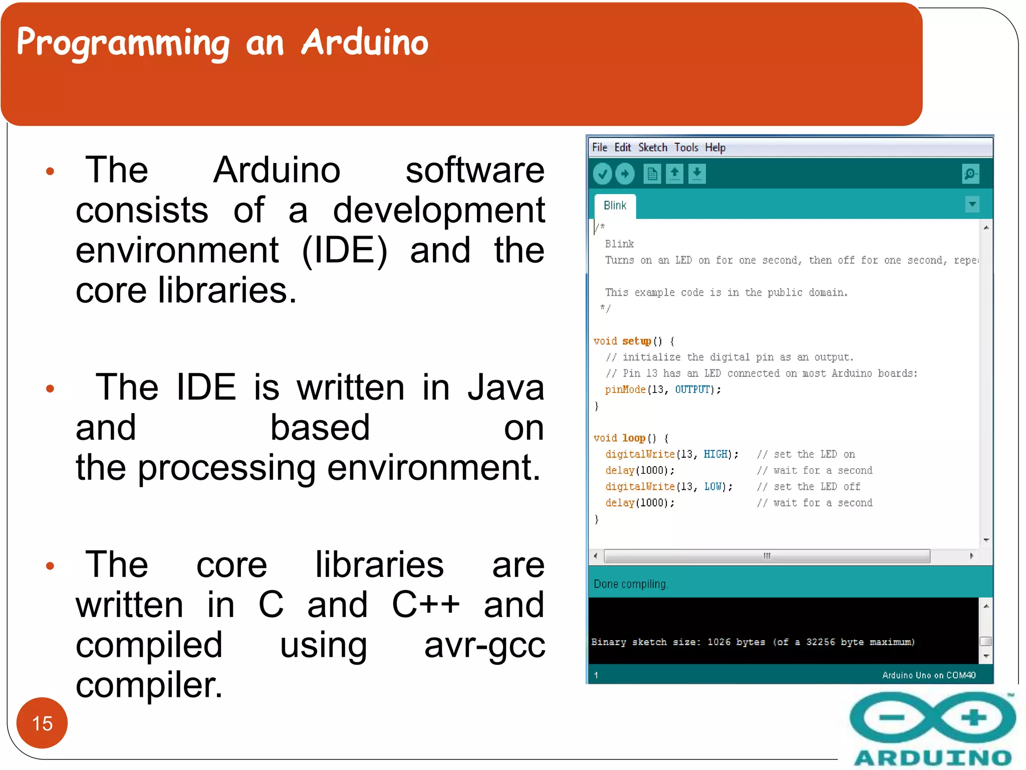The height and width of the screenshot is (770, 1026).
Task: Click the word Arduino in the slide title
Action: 365,42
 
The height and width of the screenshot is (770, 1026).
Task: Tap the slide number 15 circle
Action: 42,722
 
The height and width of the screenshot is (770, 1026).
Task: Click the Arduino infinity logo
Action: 932,717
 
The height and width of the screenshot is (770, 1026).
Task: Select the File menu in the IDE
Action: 599,147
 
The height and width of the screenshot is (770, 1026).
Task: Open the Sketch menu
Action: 652,147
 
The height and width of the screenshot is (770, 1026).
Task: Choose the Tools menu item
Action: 686,147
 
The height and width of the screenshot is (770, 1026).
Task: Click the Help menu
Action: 715,147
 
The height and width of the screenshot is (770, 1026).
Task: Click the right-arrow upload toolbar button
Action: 625,174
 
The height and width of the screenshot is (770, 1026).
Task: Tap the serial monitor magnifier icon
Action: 970,174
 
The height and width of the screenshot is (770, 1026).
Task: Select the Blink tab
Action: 615,206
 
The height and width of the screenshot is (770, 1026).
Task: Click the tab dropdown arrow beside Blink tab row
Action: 972,205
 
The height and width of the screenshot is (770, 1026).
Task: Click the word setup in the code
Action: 636,341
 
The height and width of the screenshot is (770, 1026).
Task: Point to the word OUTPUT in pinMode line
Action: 692,390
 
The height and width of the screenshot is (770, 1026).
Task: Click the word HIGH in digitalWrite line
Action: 715,454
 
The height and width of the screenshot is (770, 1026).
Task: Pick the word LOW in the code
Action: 713,487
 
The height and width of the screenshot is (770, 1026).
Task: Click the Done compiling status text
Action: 631,584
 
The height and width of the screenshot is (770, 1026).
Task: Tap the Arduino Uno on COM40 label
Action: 928,675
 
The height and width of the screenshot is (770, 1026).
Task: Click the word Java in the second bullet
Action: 505,388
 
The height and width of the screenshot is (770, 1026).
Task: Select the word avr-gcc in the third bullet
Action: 484,645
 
